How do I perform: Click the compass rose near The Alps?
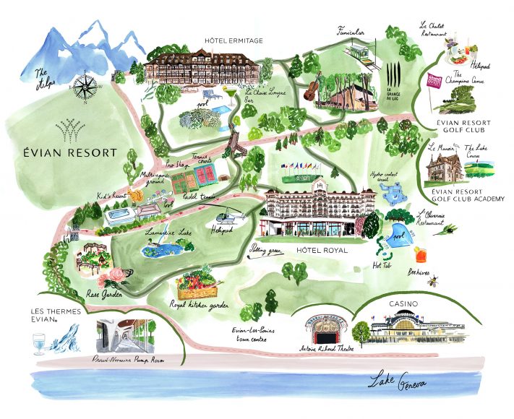[85, 87]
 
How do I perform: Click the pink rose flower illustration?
[116, 277]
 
